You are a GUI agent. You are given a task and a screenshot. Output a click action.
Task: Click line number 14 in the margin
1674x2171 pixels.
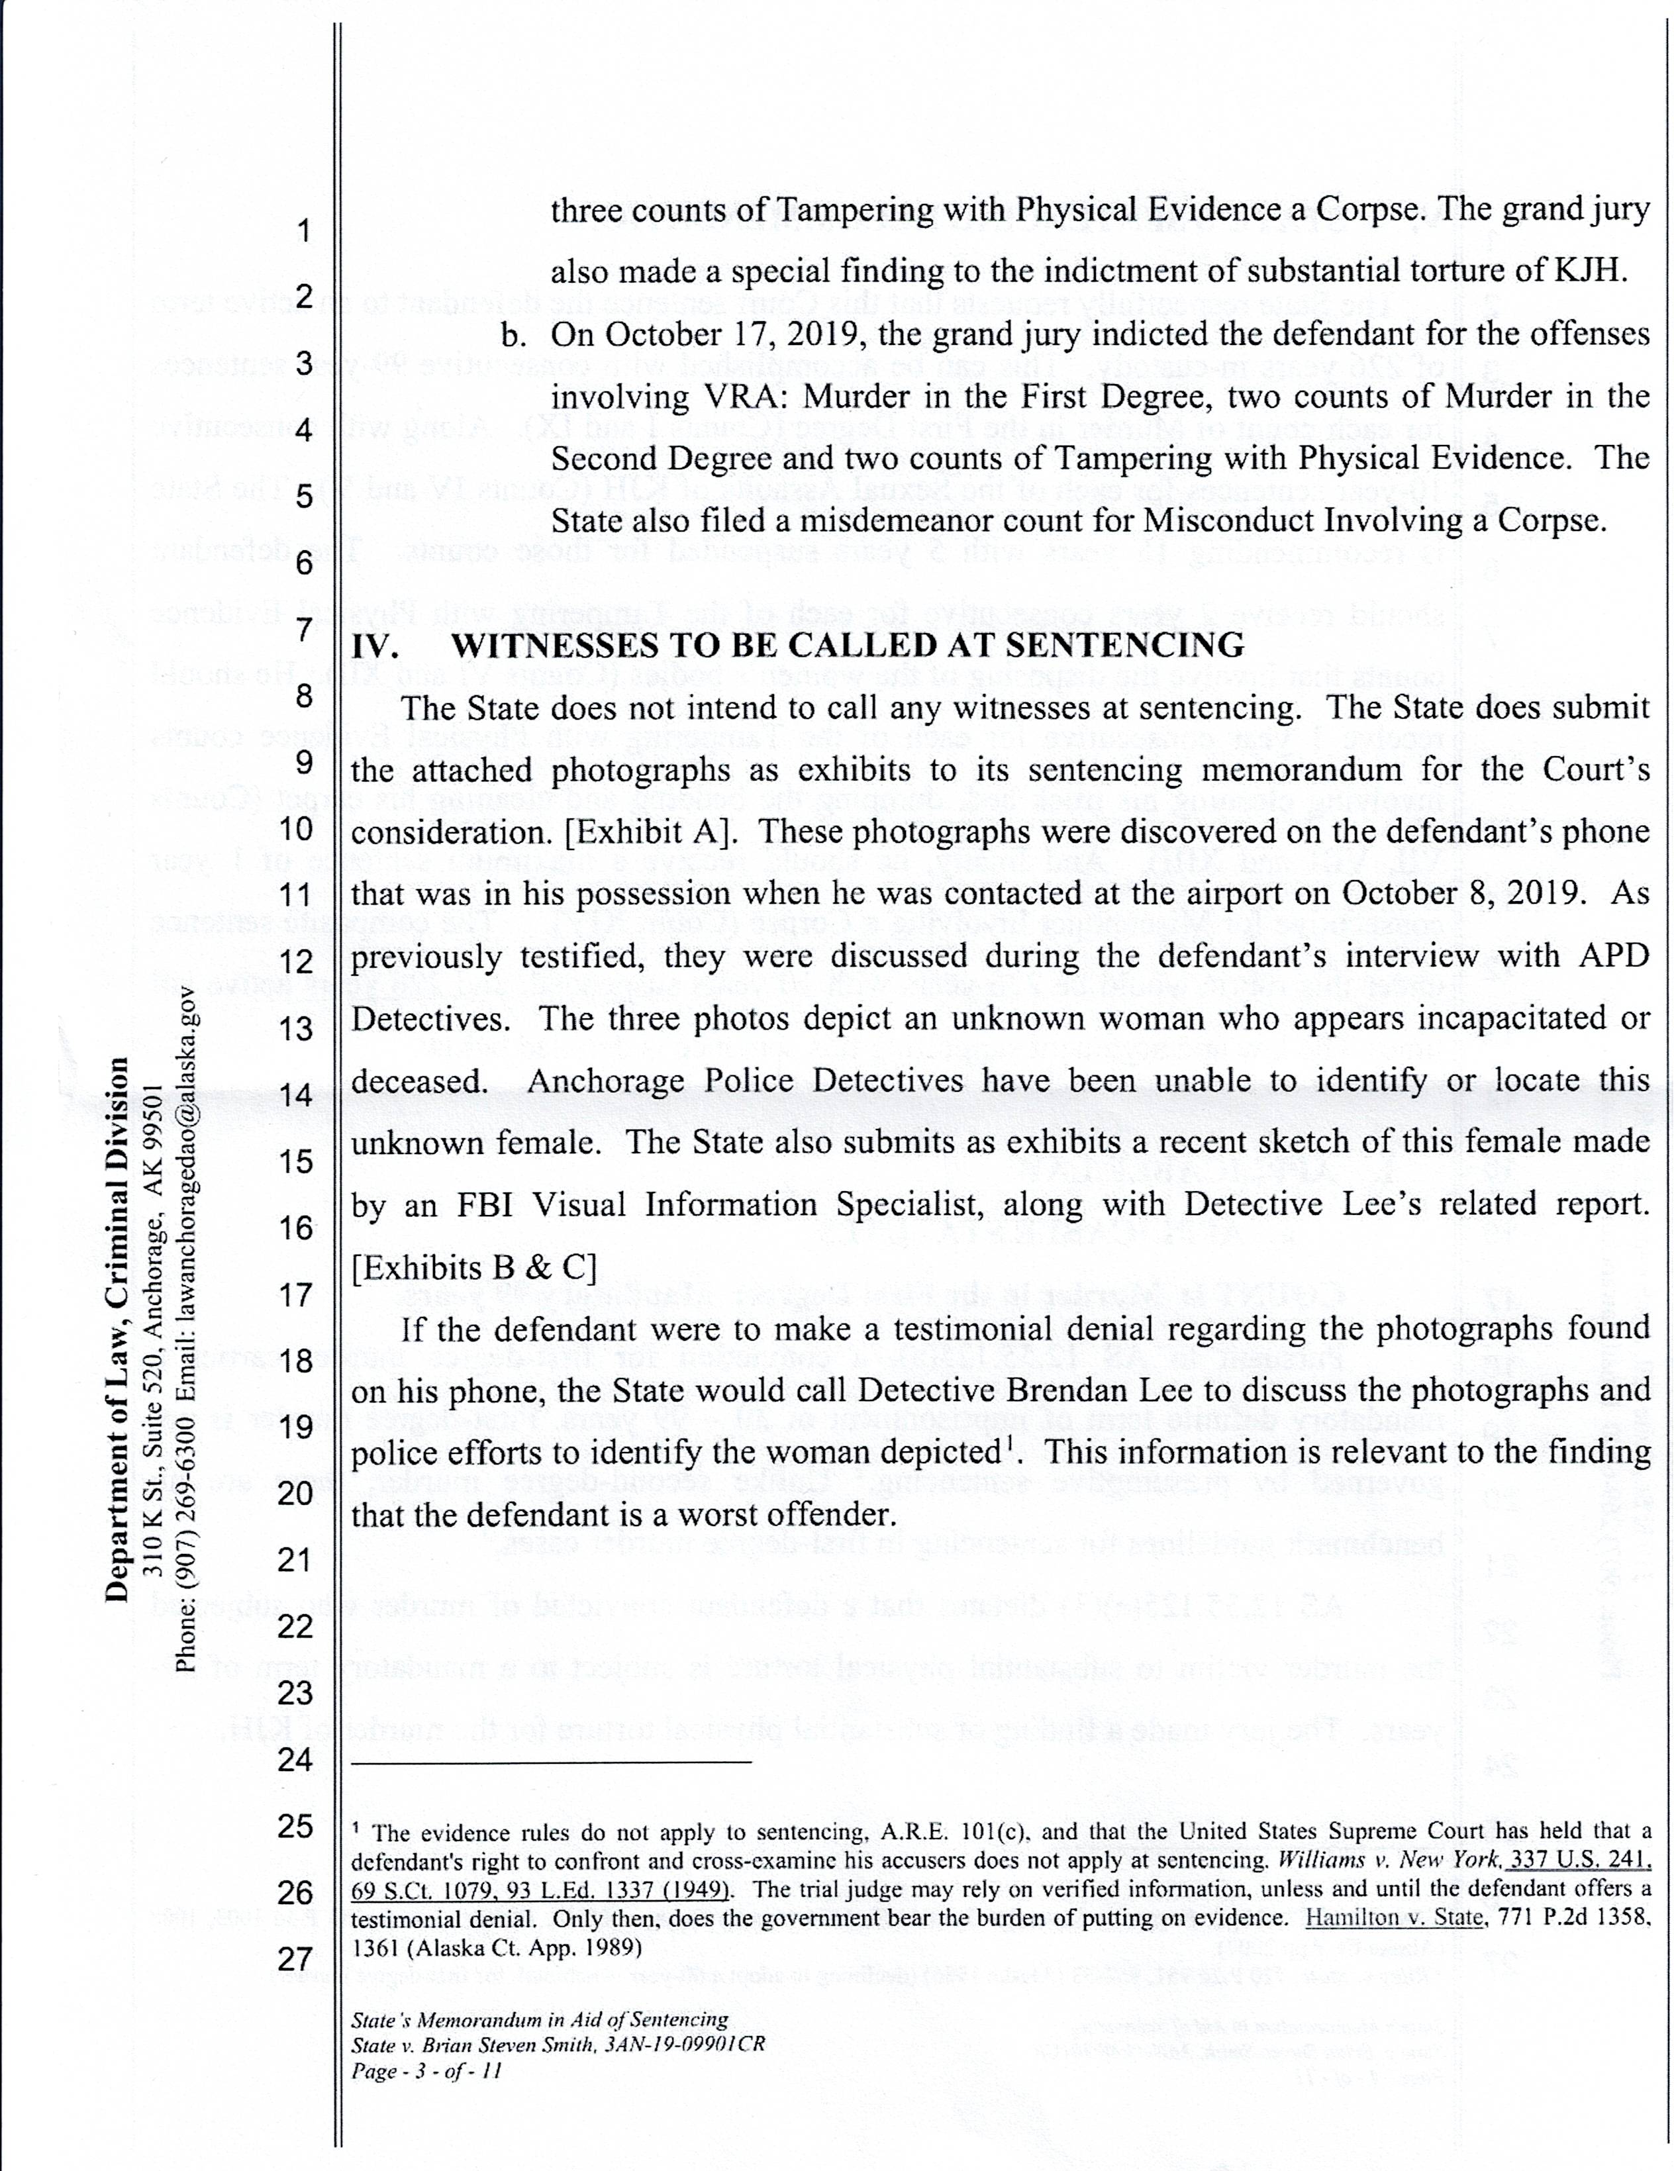pyautogui.click(x=295, y=1096)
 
